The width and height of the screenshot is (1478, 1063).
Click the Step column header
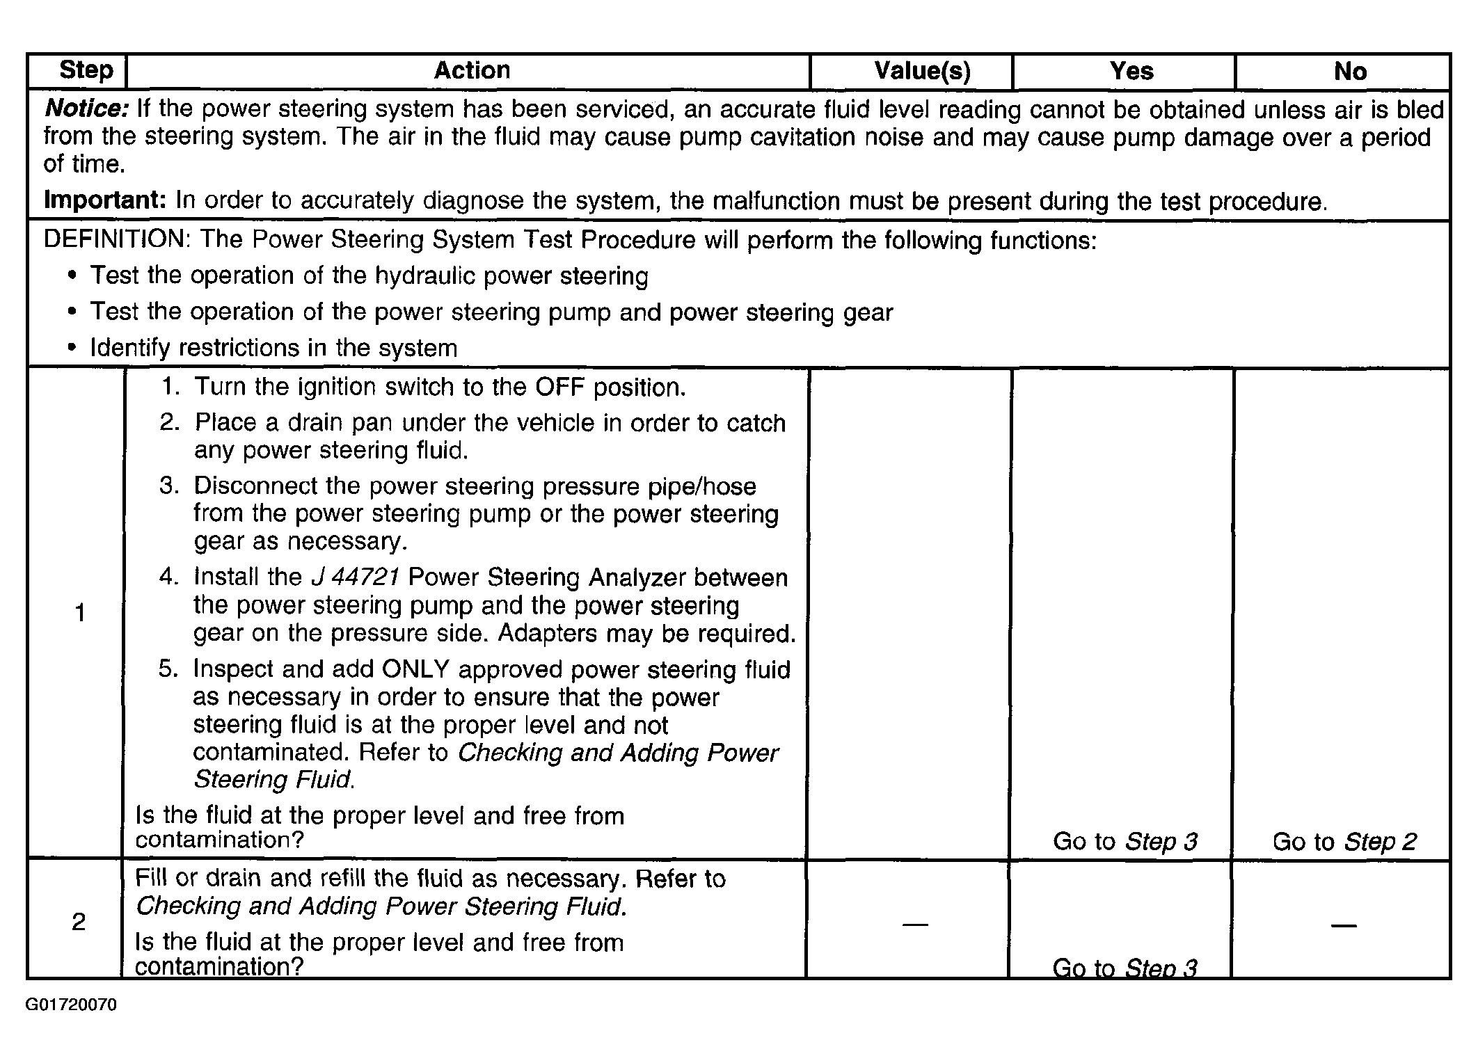tap(86, 70)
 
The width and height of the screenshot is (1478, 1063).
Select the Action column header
tap(472, 70)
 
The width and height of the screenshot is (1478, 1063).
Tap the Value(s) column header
tap(922, 71)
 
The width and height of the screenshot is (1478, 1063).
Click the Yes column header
tap(1131, 71)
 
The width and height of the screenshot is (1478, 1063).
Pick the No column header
tap(1350, 71)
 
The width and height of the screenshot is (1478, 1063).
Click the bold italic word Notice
tap(86, 109)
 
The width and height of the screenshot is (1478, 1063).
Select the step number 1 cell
tap(80, 613)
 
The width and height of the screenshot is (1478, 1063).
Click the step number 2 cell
tap(79, 922)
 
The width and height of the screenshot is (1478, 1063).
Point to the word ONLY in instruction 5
tap(416, 669)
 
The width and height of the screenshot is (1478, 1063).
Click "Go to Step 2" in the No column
tap(1344, 842)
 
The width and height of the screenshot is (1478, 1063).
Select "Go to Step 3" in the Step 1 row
tap(1125, 842)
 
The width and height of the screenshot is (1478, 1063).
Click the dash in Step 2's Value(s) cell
tap(915, 925)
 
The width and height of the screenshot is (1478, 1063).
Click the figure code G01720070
tap(72, 1005)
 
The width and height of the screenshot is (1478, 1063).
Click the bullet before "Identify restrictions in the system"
tap(72, 348)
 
